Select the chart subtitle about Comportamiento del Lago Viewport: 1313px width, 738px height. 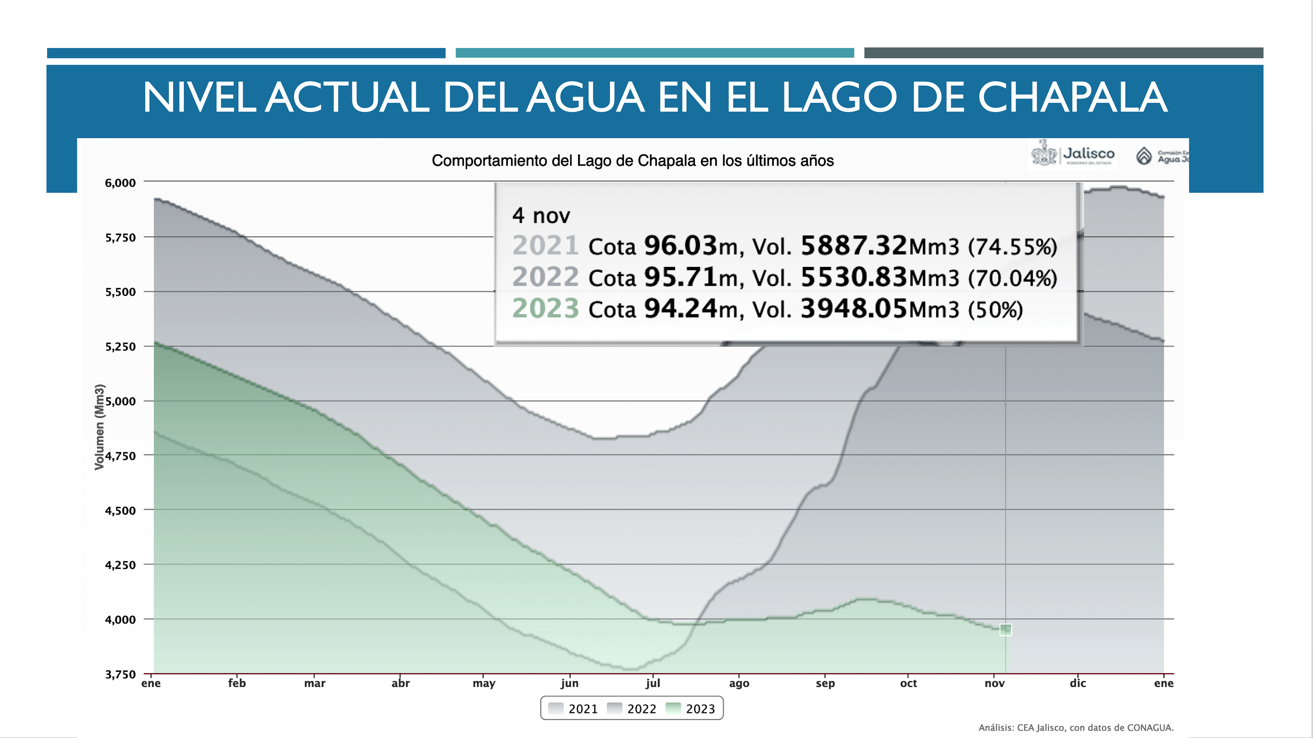pyautogui.click(x=633, y=161)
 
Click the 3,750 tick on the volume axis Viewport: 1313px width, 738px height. pyautogui.click(x=120, y=674)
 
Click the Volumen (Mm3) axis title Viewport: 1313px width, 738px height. pyautogui.click(x=99, y=426)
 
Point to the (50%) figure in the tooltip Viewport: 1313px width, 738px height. pyautogui.click(x=995, y=310)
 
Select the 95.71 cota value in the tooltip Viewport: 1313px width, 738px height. pyautogui.click(x=680, y=277)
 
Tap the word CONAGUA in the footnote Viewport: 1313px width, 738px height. pyautogui.click(x=1150, y=728)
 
